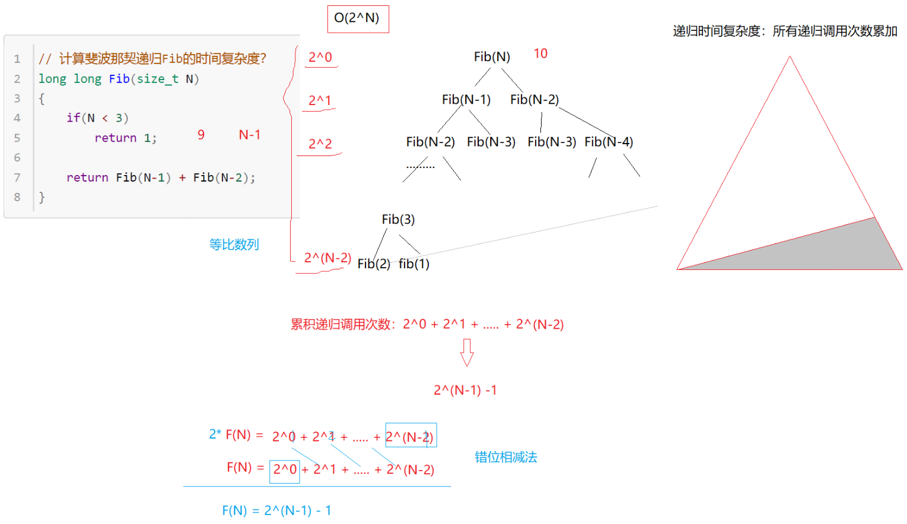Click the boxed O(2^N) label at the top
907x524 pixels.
[x=357, y=18]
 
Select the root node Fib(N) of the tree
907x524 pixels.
[x=492, y=57]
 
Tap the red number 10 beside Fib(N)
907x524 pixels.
[x=540, y=53]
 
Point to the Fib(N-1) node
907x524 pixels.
[x=466, y=100]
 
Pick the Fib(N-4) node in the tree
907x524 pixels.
[x=609, y=142]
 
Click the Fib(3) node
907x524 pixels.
[x=398, y=220]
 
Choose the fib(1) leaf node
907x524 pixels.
[x=414, y=264]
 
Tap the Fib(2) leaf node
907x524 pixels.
[x=374, y=264]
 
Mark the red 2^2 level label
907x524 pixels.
[x=320, y=144]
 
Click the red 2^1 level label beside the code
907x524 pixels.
[x=320, y=100]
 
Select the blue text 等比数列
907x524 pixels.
[x=234, y=244]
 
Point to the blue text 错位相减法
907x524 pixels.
[x=505, y=457]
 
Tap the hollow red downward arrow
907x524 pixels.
[x=467, y=352]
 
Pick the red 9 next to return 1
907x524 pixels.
[x=201, y=135]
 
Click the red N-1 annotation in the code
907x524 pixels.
[x=249, y=135]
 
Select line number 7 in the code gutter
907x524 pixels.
[x=17, y=177]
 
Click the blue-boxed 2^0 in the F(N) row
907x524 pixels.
[x=285, y=470]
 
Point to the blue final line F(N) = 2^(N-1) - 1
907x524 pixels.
[x=276, y=510]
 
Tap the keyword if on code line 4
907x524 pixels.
[x=74, y=118]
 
